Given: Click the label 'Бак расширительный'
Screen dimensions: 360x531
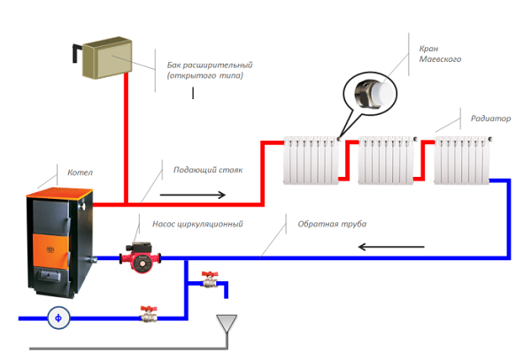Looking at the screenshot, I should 211,65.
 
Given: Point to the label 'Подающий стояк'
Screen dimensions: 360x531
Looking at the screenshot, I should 207,169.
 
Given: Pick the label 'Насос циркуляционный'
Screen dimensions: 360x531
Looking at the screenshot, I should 204,226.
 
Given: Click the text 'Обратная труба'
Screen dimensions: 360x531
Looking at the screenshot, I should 332,224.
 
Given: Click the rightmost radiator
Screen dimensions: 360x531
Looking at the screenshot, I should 461,160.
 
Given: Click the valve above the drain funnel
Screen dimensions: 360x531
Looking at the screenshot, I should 209,280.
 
